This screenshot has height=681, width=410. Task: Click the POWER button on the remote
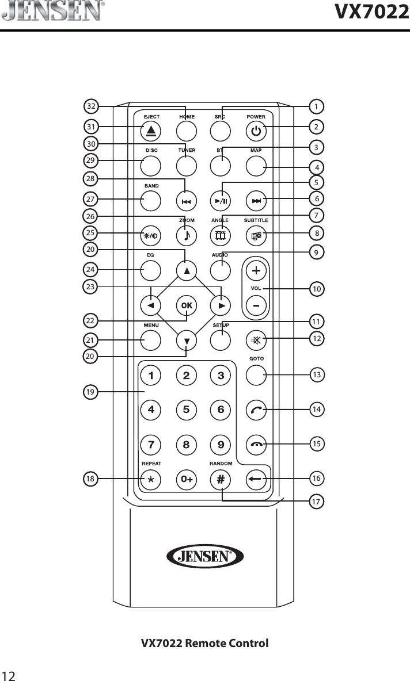click(256, 132)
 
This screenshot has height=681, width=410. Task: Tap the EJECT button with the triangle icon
click(151, 132)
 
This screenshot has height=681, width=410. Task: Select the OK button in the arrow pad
click(186, 305)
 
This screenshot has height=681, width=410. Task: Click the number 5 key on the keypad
click(186, 410)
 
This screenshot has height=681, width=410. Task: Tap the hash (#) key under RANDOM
click(221, 479)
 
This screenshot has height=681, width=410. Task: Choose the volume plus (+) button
click(256, 270)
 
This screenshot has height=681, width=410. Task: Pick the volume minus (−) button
click(256, 305)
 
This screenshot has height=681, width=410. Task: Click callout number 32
click(91, 106)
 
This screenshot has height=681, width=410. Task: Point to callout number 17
click(316, 502)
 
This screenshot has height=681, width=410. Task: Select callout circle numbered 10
click(316, 288)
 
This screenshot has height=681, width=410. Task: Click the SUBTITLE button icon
click(256, 235)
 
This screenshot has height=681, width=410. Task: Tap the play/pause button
click(221, 201)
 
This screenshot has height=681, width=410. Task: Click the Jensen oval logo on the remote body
click(205, 556)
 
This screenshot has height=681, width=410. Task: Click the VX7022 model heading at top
click(369, 11)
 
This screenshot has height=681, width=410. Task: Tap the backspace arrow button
click(256, 479)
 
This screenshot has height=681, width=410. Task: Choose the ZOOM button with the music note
click(186, 235)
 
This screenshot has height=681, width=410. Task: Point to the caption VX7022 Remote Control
click(205, 642)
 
